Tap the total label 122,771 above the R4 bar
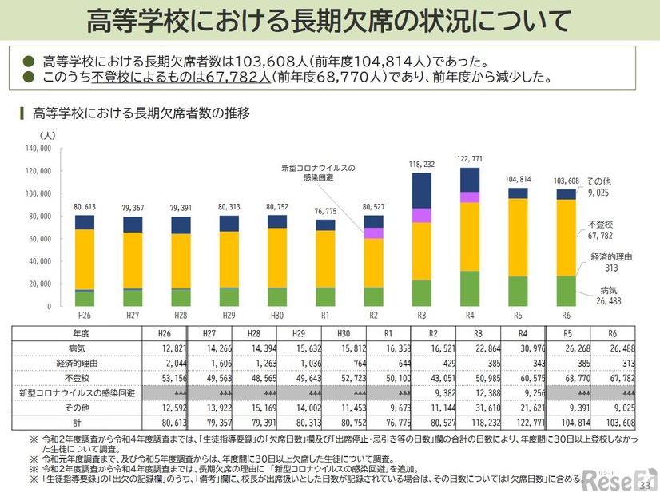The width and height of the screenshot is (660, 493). point(471,158)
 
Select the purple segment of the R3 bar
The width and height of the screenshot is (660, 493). point(421,215)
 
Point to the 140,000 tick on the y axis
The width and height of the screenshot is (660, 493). point(38,149)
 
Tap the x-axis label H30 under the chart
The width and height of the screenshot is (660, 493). point(277,315)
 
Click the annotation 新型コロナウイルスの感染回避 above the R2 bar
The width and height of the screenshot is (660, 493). point(317,173)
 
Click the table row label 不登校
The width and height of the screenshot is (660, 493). point(78,377)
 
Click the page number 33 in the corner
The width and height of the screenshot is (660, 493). point(646,484)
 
